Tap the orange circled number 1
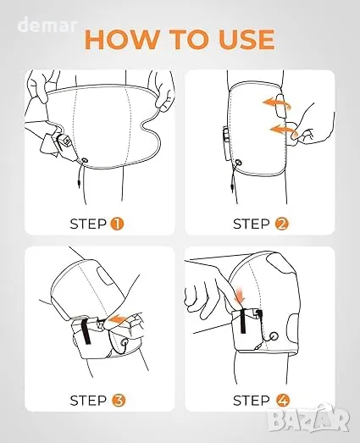[117, 224]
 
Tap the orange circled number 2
[281, 224]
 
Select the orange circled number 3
[119, 400]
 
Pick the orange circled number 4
[283, 400]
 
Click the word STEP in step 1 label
[88, 224]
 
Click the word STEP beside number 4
[252, 401]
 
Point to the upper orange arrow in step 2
[276, 103]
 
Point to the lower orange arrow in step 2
[284, 130]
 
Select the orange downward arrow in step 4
[240, 296]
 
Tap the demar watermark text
[47, 25]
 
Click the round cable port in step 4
[274, 336]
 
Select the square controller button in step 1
[67, 140]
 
